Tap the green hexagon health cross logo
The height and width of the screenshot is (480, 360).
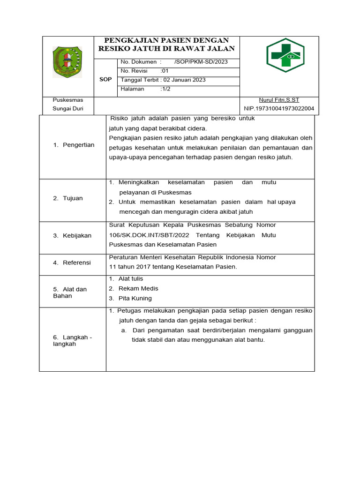[285, 55]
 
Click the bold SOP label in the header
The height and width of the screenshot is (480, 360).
[105, 79]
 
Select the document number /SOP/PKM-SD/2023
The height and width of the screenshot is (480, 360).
[200, 62]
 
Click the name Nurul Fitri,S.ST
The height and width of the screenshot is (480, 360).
[279, 100]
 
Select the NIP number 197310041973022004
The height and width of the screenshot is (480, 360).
[279, 109]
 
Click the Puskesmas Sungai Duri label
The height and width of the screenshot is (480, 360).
[68, 105]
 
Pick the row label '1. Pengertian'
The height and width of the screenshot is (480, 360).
[74, 145]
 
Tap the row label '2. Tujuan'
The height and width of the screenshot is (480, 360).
[67, 198]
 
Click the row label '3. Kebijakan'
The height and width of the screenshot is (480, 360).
[72, 235]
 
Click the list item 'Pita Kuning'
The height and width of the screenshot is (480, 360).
[135, 298]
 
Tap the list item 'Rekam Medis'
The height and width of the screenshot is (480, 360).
[138, 288]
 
